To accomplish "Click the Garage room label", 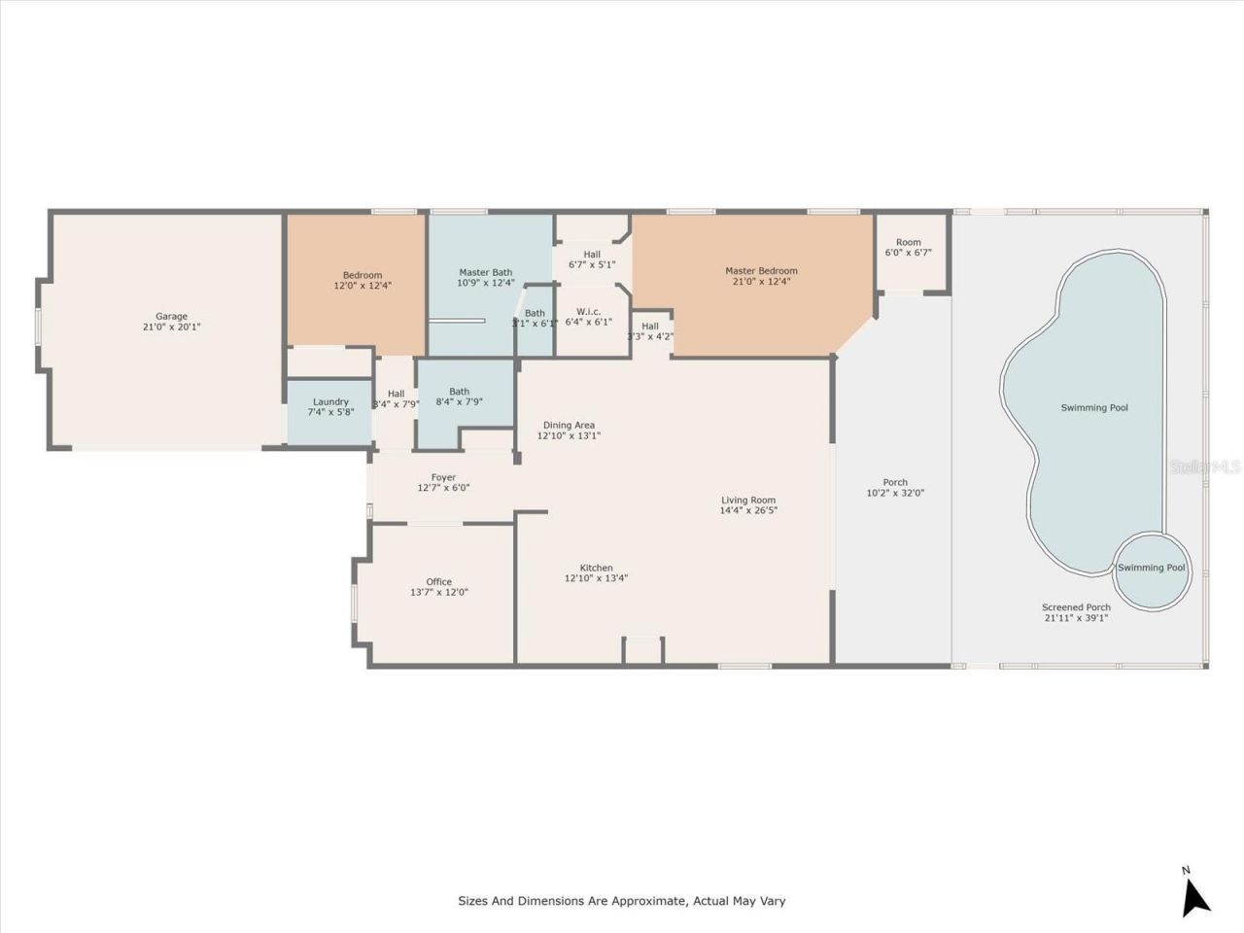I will [x=171, y=316].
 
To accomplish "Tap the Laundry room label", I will [x=330, y=401].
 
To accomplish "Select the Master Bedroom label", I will [x=761, y=271].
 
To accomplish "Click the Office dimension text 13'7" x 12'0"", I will [x=439, y=592].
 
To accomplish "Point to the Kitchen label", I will [x=596, y=568].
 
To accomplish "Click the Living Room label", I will [x=748, y=500].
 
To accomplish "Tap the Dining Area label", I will [x=569, y=425].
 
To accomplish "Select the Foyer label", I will [x=443, y=477].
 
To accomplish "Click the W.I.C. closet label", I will [x=588, y=311].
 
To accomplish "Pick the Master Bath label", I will [x=485, y=272].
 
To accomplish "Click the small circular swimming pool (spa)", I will [x=1151, y=570].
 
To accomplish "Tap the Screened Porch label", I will [x=1076, y=607].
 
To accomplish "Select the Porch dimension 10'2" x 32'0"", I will [x=895, y=493].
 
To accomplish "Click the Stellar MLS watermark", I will [x=1205, y=466].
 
